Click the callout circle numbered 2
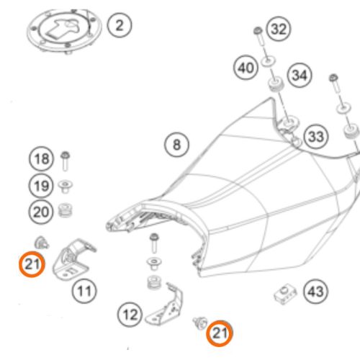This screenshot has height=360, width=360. pos(120,25)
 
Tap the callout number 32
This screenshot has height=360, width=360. pos(279,29)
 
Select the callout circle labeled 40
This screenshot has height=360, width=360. pos(246,68)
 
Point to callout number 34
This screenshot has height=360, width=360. pos(300,75)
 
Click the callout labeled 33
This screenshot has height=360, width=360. pos(316,136)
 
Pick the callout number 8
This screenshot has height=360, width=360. pos(176,145)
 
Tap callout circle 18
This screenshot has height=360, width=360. pos(42,159)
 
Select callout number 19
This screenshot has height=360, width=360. pos(41,186)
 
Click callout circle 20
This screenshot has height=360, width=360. pos(41,212)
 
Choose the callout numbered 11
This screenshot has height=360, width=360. pos(84,291)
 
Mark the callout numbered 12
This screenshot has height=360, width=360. pos(130,315)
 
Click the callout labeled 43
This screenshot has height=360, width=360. pos(315,292)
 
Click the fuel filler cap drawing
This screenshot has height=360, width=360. pos(64,30)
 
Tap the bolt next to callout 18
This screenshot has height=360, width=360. pos(65,161)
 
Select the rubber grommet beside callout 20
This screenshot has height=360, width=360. pos(66,210)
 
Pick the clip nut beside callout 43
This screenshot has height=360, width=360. pos(285,294)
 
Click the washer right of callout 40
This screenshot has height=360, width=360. pos(268,62)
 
